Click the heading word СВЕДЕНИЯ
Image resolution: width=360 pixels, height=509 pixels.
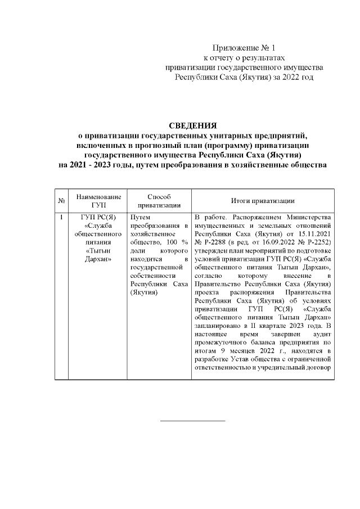(192, 125)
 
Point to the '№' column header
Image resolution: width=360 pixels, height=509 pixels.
(60, 201)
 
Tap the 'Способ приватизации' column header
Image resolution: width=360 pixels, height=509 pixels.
(158, 201)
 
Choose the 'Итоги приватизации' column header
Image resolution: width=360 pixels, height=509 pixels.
(263, 201)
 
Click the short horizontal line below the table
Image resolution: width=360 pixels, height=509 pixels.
(192, 420)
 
